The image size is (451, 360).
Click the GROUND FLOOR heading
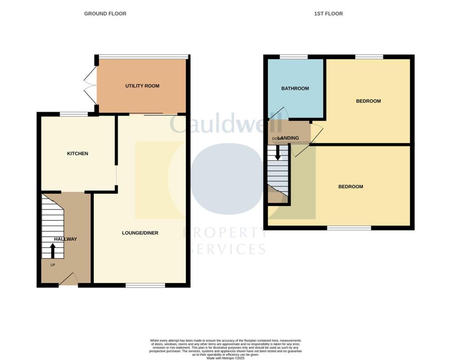[105, 14]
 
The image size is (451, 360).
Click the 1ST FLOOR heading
[329, 14]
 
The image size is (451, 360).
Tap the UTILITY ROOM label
[142, 86]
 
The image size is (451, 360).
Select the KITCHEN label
[78, 154]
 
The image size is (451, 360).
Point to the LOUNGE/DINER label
[140, 233]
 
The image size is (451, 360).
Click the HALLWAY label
[66, 239]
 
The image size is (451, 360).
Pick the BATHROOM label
[295, 88]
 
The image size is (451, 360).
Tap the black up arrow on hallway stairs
[53, 251]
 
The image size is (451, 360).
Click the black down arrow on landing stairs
[278, 152]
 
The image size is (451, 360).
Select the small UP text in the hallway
[52, 265]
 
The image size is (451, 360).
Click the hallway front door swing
[69, 279]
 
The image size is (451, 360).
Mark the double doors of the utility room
[90, 86]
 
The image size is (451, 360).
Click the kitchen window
[74, 114]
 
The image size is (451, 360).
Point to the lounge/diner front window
[145, 286]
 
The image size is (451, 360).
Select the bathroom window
[294, 57]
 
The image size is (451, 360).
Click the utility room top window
[143, 56]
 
